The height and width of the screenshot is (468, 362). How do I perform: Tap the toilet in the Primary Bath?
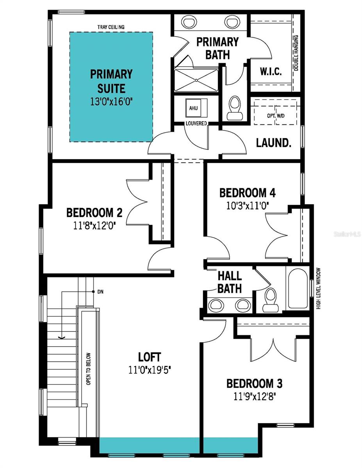click(x=234, y=108)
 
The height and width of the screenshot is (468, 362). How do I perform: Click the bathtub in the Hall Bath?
click(x=298, y=288)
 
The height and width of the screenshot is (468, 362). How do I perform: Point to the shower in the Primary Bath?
click(x=195, y=80)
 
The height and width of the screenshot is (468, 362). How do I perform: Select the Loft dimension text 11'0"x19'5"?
click(x=150, y=370)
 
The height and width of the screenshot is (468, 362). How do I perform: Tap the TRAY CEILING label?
click(x=111, y=27)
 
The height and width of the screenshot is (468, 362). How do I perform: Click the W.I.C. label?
click(x=271, y=73)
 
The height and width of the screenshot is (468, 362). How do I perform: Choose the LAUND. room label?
click(x=273, y=143)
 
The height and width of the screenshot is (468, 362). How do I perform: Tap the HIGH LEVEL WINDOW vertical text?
click(x=318, y=289)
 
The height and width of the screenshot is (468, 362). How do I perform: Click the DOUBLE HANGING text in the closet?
click(x=296, y=53)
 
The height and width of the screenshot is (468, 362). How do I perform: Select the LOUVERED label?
click(x=196, y=124)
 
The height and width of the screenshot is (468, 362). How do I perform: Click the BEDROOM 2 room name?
click(x=94, y=213)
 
